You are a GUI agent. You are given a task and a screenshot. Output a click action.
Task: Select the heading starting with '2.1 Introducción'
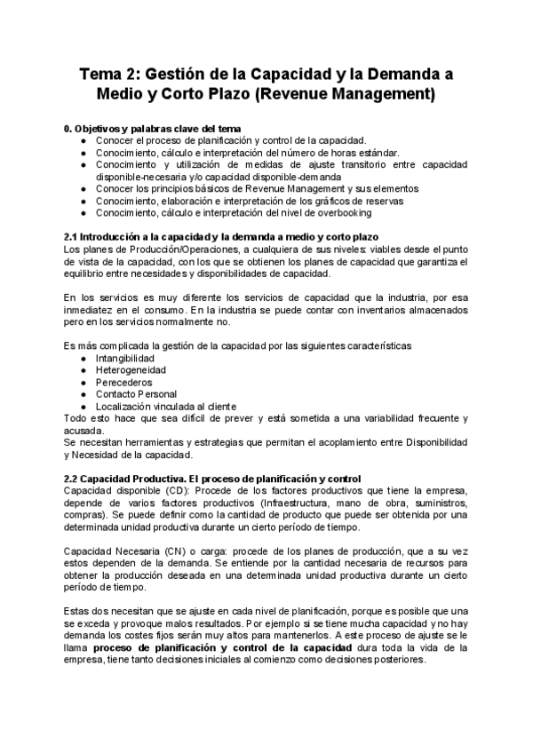(x=222, y=237)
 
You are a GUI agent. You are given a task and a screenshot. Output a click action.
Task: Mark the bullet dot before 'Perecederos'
(x=84, y=382)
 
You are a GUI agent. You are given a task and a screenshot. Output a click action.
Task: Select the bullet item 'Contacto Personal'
(x=135, y=393)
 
